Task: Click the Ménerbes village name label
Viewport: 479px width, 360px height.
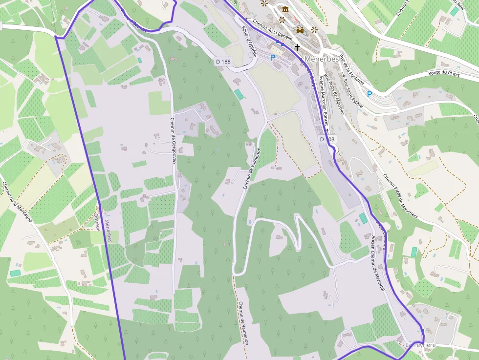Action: click(322, 59)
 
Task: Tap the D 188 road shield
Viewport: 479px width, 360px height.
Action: click(223, 62)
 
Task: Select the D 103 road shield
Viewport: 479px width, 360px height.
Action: click(328, 139)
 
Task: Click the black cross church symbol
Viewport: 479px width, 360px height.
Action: click(297, 47)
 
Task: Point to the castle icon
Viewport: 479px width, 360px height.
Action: click(300, 30)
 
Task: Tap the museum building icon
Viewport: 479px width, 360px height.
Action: click(285, 10)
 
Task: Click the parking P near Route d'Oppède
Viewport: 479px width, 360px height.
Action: click(273, 58)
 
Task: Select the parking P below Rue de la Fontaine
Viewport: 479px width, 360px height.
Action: click(370, 94)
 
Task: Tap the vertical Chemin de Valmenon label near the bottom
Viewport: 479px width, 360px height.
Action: click(243, 323)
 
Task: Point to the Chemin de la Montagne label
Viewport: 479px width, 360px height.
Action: click(17, 202)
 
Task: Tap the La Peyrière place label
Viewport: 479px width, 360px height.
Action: click(420, 345)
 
